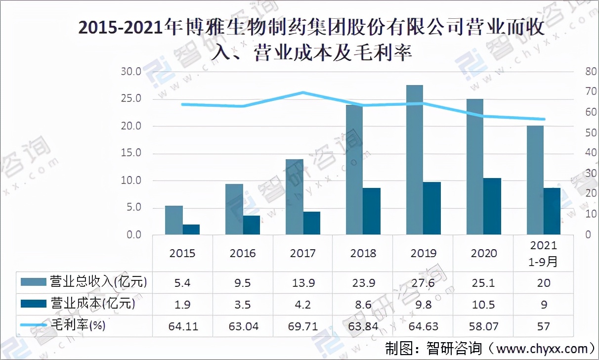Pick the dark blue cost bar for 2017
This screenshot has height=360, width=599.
(x=311, y=223)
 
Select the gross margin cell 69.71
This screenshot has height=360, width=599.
(x=303, y=326)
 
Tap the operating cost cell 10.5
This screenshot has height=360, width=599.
(x=483, y=304)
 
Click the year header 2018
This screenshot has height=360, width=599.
(x=363, y=253)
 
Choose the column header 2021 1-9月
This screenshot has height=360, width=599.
(x=544, y=253)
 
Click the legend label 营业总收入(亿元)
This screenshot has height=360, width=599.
(x=99, y=282)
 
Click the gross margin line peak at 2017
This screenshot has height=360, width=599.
(x=303, y=92)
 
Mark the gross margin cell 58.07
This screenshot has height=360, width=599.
(x=483, y=326)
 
